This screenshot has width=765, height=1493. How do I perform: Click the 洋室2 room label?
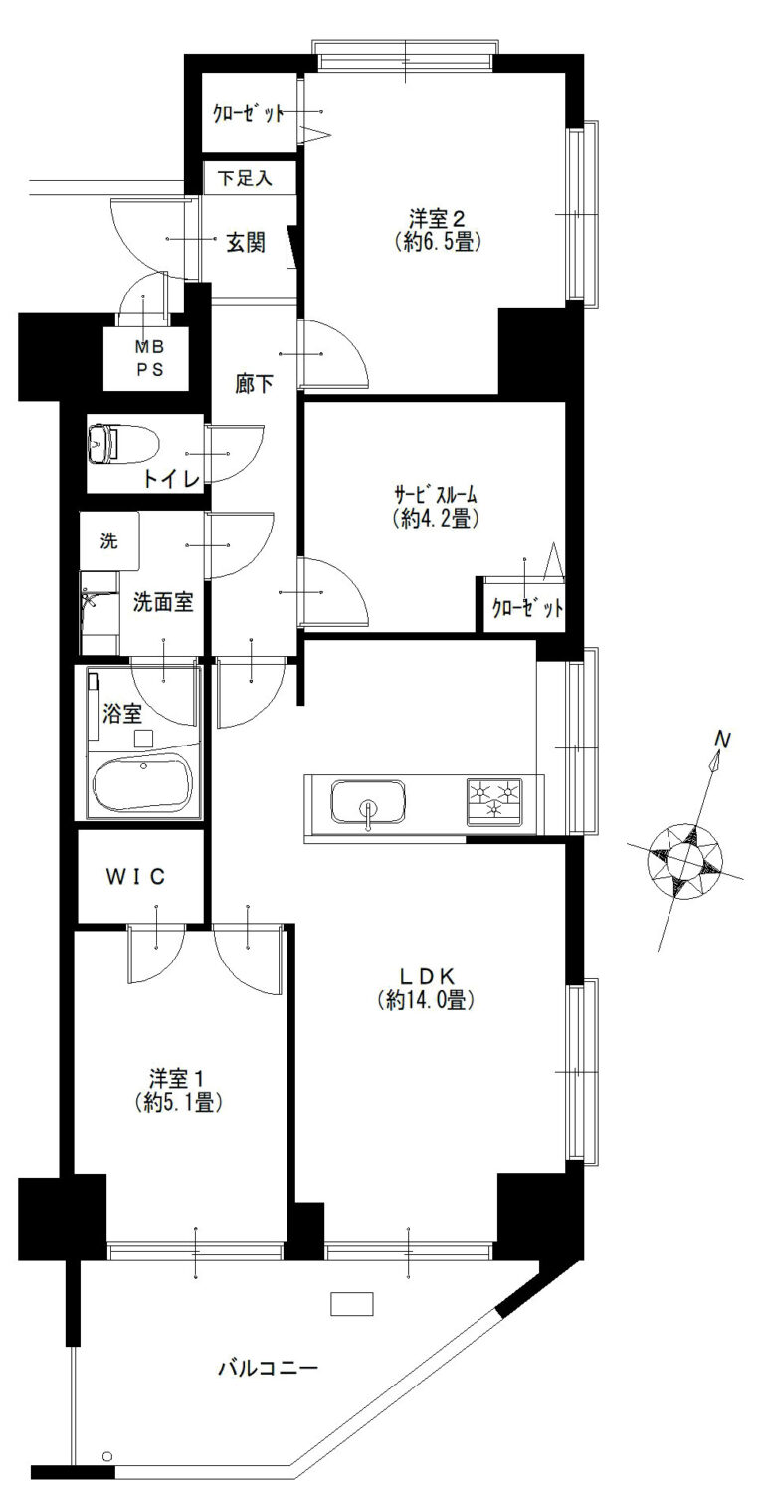[x=437, y=218]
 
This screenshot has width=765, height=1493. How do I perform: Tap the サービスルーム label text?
[x=436, y=495]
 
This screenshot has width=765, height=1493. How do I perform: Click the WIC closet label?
[x=135, y=877]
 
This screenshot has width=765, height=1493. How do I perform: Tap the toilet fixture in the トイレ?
[x=122, y=443]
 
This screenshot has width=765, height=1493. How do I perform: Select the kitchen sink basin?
[x=368, y=802]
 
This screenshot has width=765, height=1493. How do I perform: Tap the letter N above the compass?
[x=722, y=739]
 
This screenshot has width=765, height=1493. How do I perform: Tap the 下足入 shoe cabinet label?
[x=246, y=178]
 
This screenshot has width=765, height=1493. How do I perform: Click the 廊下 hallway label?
[x=254, y=384]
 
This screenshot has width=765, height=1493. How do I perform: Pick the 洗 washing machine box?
[x=109, y=541]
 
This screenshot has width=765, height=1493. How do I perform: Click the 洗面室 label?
[x=163, y=602]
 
